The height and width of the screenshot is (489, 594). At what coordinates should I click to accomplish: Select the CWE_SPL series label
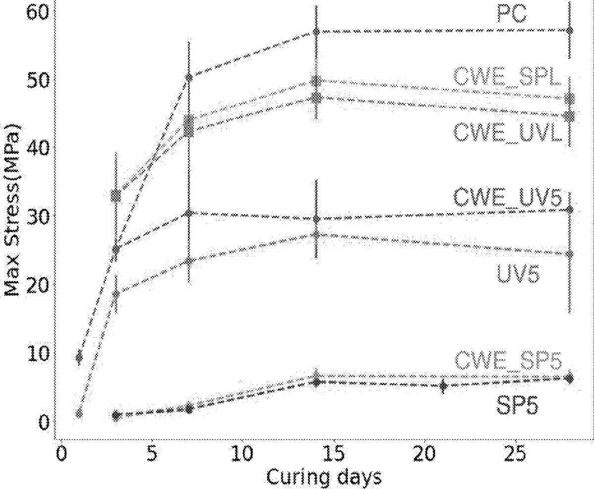507,78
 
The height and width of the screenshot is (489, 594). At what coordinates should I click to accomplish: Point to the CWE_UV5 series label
508,198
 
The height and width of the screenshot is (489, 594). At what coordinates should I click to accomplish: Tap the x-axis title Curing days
324,477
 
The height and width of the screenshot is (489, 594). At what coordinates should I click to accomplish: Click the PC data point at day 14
316,32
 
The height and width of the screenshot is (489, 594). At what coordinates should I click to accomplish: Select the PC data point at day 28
570,31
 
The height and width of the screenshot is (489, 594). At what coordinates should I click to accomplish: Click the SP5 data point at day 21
444,386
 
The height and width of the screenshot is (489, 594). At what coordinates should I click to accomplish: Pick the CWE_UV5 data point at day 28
570,210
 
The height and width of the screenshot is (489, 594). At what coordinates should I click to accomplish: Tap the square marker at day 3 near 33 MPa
116,195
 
